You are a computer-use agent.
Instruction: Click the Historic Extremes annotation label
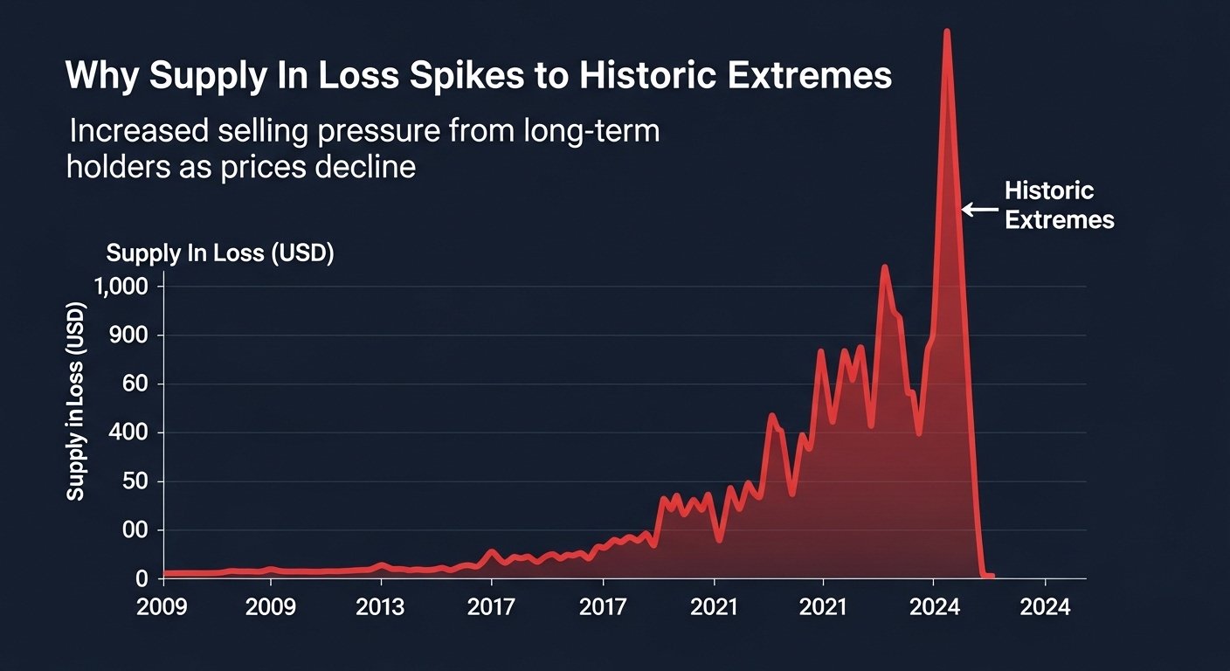1059,205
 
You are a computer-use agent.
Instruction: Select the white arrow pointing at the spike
979,209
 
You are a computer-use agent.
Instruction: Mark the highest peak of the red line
946,31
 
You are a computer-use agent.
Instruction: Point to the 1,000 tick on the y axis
125,287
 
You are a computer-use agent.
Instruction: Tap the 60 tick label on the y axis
138,384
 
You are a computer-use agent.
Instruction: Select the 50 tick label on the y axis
138,482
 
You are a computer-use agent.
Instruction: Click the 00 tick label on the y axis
138,531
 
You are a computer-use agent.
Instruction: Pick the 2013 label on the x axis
381,606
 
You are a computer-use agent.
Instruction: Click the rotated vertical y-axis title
77,403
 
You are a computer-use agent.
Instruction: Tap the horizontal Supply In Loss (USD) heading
220,253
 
